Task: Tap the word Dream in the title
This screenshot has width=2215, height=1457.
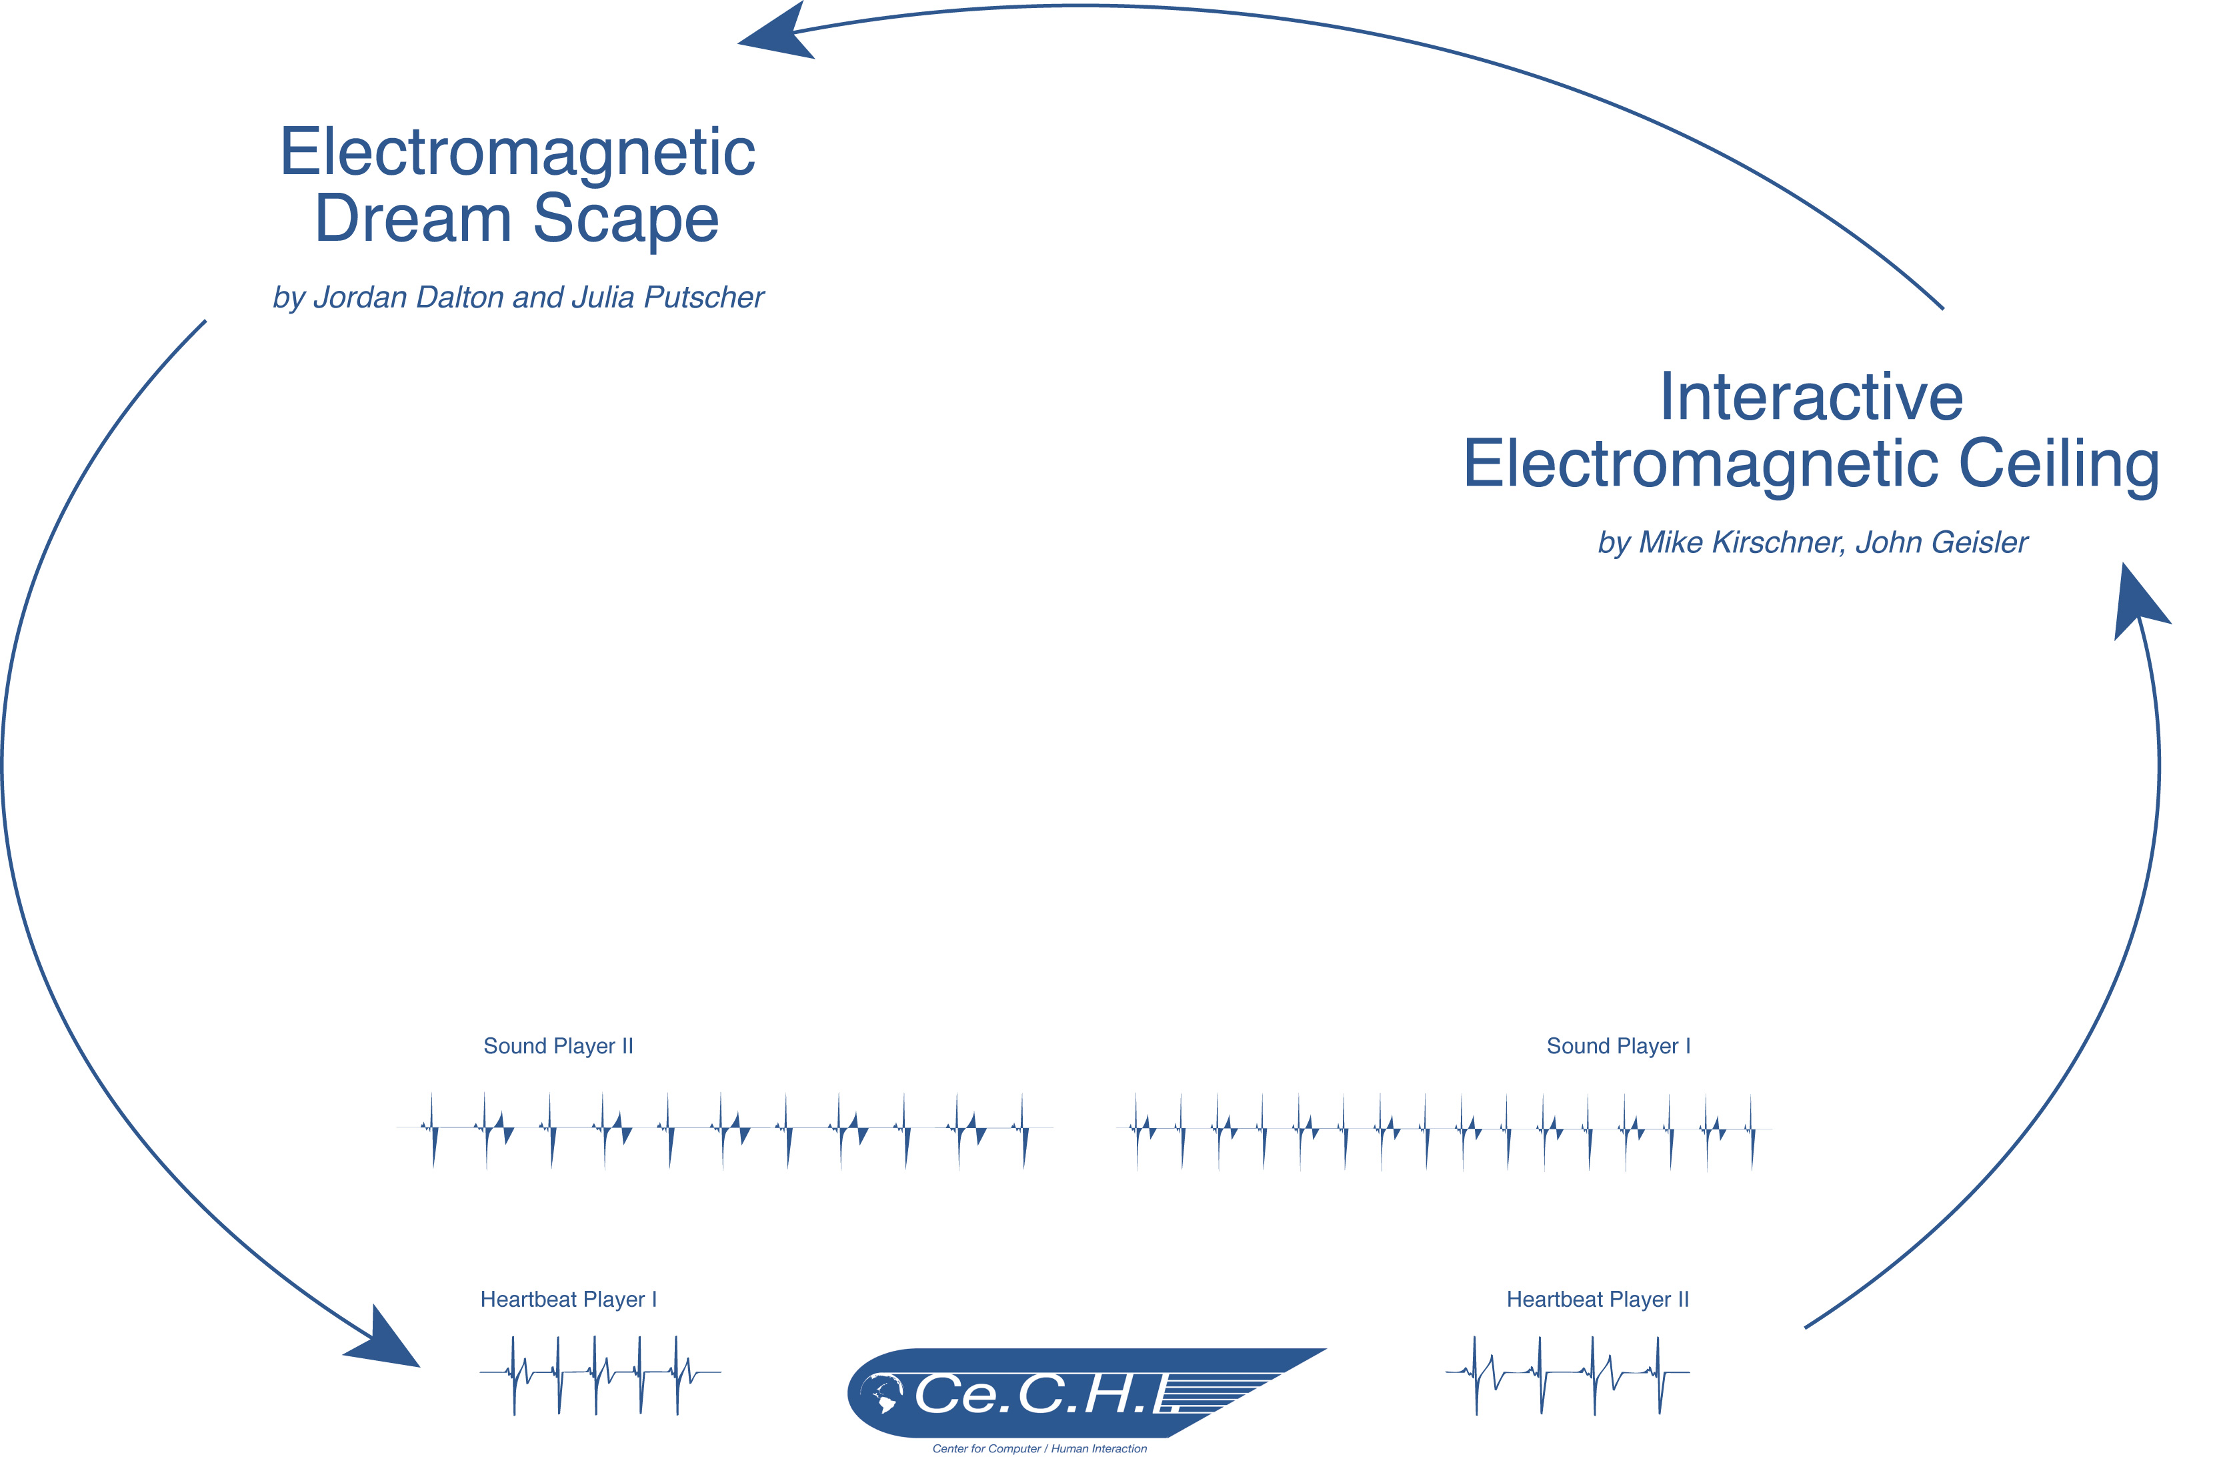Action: [x=413, y=219]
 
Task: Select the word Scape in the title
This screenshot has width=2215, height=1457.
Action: [x=625, y=219]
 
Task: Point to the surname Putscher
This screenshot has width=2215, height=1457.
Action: [x=703, y=297]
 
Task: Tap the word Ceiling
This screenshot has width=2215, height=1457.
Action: [x=2059, y=464]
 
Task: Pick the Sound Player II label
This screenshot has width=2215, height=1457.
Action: [x=557, y=1045]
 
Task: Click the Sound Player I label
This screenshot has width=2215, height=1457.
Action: [x=1618, y=1045]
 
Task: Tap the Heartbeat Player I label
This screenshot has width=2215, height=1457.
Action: [x=567, y=1299]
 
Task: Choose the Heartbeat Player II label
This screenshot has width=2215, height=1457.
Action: [x=1597, y=1299]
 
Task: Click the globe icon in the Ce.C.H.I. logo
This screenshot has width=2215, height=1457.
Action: [x=880, y=1394]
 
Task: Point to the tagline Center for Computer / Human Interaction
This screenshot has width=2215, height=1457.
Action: [x=1039, y=1448]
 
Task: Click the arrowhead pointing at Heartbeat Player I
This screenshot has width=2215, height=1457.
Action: [x=385, y=1342]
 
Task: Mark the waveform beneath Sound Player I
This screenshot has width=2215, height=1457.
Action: [x=1444, y=1129]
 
